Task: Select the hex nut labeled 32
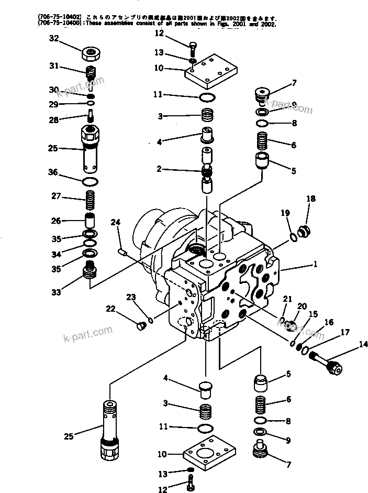[x=91, y=53]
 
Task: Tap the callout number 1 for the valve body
[x=315, y=265]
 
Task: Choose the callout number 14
[x=348, y=344]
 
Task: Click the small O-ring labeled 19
[x=295, y=237]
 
